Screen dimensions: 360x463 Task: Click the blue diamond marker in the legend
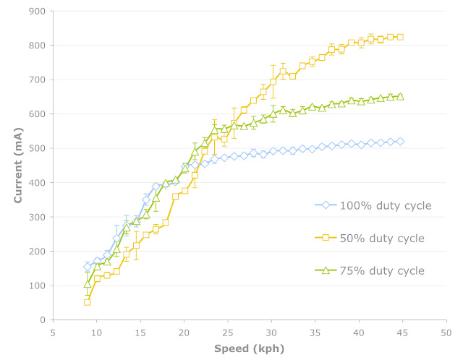click(326, 206)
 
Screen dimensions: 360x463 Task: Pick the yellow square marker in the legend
click(326, 238)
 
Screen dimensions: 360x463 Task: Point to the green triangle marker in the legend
click(326, 270)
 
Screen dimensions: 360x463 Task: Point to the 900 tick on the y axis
click(35, 12)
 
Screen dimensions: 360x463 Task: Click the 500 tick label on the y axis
click(35, 148)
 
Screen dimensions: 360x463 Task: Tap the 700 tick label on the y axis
click(35, 80)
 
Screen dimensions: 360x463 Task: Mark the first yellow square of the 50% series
click(88, 302)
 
